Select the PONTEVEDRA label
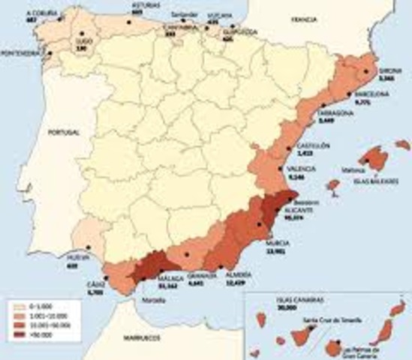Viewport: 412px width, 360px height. coord(20,53)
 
